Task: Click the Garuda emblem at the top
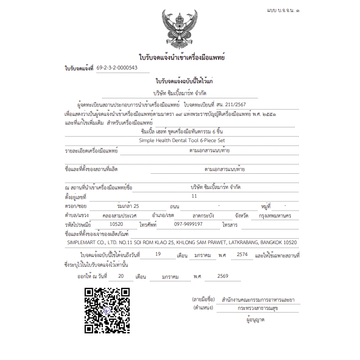click(x=180, y=29)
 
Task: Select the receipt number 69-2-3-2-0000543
click(x=117, y=68)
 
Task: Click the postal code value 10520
click(x=116, y=224)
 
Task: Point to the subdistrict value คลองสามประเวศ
click(x=119, y=215)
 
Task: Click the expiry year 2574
click(x=242, y=254)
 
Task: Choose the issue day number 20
click(x=121, y=276)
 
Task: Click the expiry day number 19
click(x=158, y=254)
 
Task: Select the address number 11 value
click(x=194, y=196)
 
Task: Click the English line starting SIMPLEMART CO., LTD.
click(x=182, y=242)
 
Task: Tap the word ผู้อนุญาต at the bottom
click(x=256, y=320)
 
